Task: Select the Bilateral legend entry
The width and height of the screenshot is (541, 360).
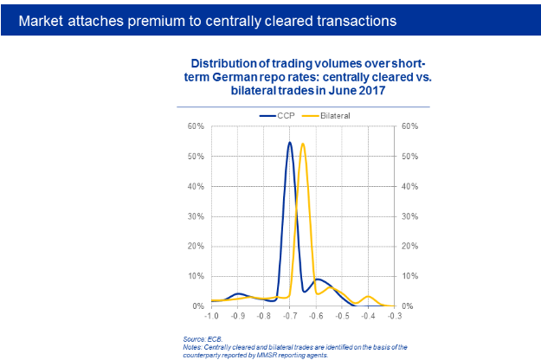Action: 335,114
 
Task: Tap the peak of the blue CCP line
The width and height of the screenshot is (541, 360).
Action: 290,143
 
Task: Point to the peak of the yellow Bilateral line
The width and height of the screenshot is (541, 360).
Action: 303,144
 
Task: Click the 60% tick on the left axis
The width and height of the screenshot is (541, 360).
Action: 196,126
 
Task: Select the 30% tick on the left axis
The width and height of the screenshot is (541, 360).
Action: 196,216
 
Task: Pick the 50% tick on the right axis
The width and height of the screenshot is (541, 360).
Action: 409,157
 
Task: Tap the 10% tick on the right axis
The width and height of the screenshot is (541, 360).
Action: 409,276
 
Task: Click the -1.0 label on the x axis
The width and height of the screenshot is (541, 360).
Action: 211,318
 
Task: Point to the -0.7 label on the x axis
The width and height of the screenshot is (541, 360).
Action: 289,318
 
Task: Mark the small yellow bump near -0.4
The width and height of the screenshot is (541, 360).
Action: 368,297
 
